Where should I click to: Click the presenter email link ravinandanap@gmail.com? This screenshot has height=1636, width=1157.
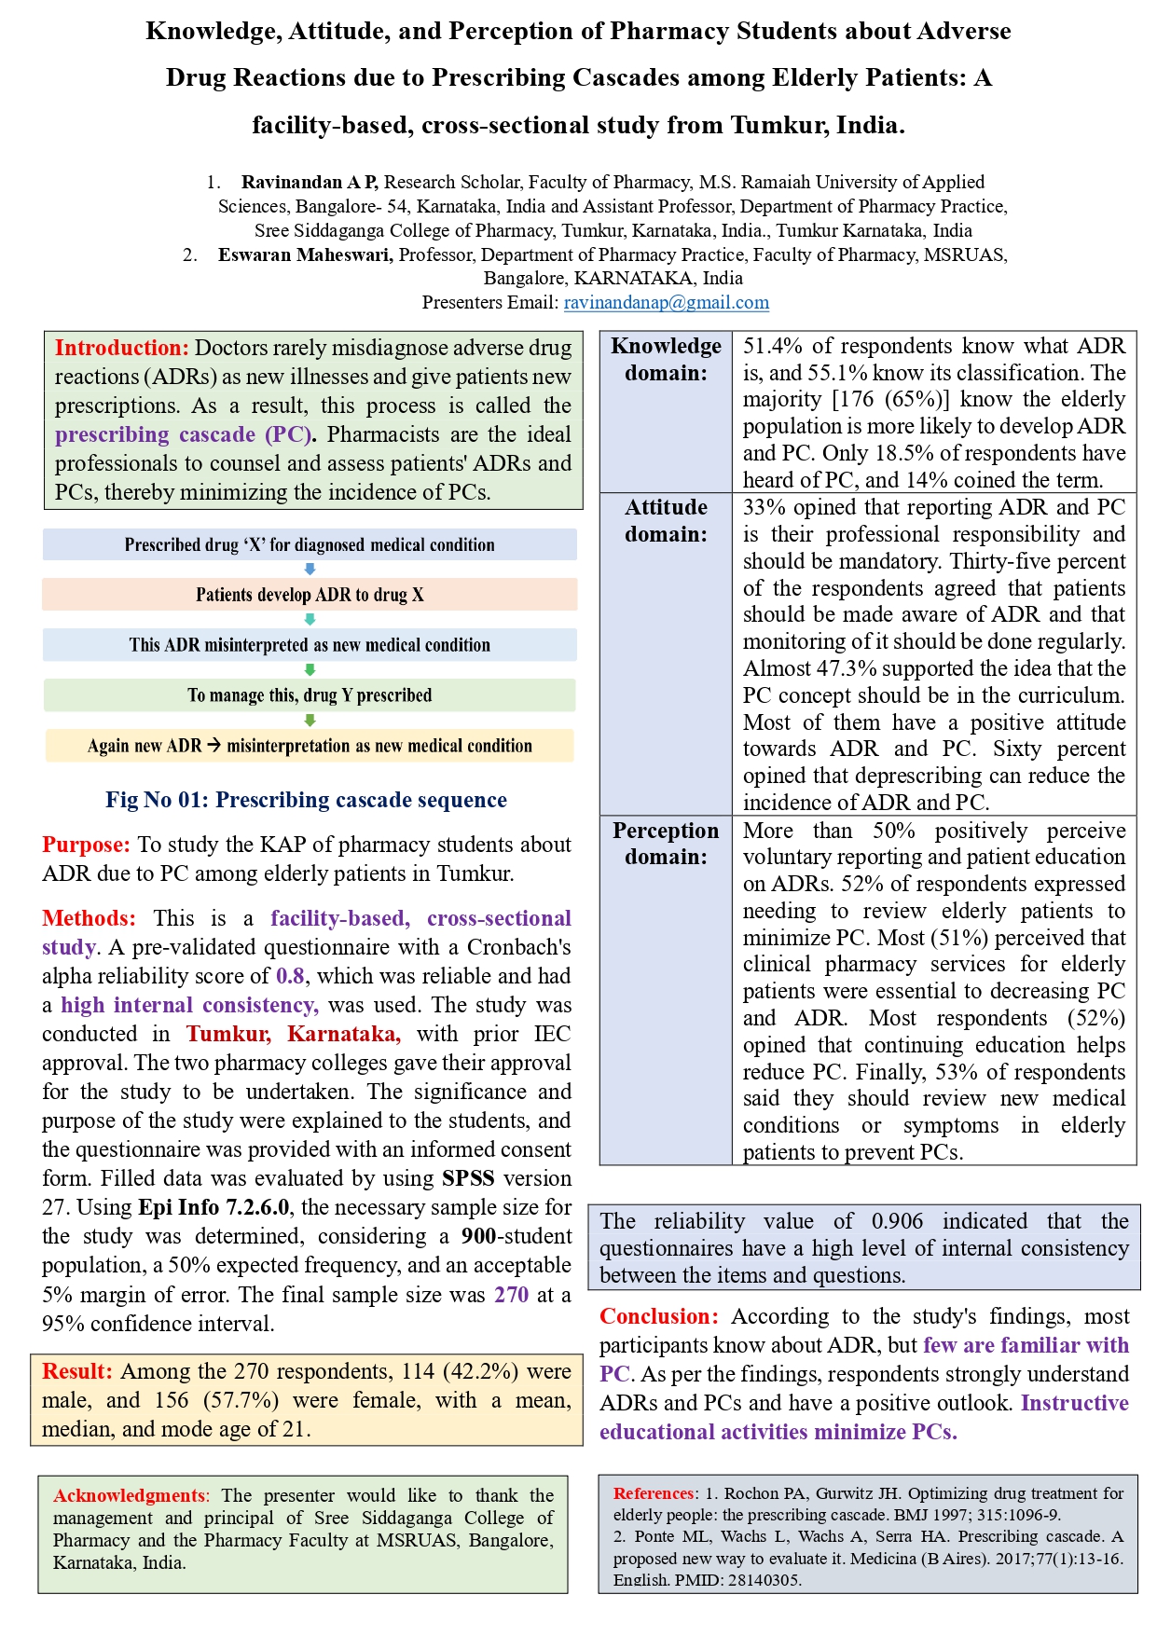click(666, 303)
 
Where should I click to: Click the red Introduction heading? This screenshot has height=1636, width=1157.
click(121, 349)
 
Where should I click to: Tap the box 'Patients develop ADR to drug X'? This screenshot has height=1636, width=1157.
click(310, 595)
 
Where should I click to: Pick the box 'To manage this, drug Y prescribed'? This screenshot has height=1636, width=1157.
click(310, 695)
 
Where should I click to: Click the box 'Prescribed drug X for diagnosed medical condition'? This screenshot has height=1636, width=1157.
click(310, 545)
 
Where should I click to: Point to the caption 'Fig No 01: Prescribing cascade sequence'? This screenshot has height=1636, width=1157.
click(306, 800)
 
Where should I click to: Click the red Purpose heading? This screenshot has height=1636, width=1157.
click(86, 845)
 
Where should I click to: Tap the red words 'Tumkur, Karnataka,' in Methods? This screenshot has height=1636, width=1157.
click(293, 1035)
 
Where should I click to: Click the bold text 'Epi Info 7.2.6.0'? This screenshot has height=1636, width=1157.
click(213, 1208)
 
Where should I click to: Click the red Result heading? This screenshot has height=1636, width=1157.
click(77, 1372)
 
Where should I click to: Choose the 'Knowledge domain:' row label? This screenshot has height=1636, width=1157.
click(666, 360)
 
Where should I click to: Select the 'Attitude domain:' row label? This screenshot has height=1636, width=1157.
click(666, 521)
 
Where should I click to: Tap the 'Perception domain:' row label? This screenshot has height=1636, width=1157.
click(666, 844)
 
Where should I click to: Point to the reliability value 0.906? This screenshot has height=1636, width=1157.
click(897, 1222)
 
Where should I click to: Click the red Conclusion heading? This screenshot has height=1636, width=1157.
click(658, 1317)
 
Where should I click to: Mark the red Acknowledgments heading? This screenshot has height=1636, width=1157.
click(130, 1496)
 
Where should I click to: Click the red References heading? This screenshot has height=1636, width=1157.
click(654, 1493)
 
